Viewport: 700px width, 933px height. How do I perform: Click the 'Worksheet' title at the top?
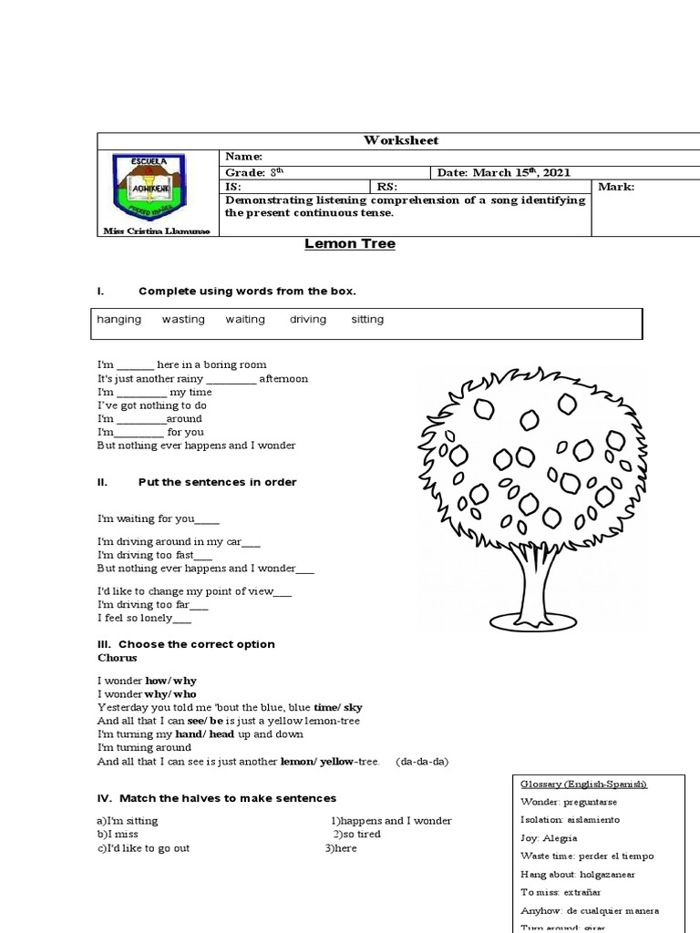click(x=401, y=140)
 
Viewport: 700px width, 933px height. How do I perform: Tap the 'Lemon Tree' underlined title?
click(x=350, y=244)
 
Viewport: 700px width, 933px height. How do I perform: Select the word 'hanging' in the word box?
click(x=119, y=320)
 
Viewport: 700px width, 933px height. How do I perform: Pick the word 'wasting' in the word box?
click(x=183, y=320)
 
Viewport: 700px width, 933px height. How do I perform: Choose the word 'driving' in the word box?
click(x=308, y=320)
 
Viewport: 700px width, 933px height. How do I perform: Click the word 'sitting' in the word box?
click(x=367, y=320)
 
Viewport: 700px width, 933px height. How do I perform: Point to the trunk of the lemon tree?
click(x=533, y=583)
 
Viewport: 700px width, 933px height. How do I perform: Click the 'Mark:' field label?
click(x=615, y=187)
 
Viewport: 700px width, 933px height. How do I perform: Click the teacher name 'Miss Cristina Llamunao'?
click(x=157, y=231)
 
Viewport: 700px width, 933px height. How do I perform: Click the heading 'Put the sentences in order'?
click(x=217, y=482)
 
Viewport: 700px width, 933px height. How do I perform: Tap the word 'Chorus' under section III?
click(x=118, y=658)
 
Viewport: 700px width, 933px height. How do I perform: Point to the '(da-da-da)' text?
click(x=423, y=762)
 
